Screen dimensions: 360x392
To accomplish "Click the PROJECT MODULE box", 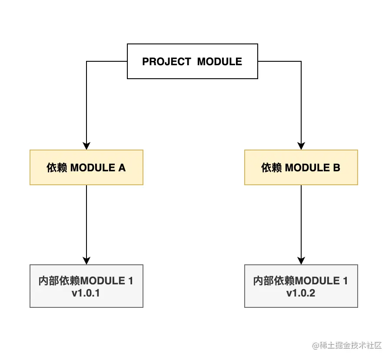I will (x=192, y=61).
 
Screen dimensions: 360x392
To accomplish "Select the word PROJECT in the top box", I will (x=166, y=62).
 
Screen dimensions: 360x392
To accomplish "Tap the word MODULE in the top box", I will (x=219, y=62).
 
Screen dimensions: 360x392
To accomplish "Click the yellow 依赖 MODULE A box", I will (x=86, y=167).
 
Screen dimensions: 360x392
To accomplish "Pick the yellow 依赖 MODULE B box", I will (x=301, y=167).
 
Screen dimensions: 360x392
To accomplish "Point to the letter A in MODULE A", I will (x=122, y=168).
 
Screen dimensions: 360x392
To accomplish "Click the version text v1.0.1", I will (x=86, y=293).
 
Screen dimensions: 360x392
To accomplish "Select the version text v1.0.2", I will (x=301, y=293).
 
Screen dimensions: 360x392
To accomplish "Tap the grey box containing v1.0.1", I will (x=86, y=286).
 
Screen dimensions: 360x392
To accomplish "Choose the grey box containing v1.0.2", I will (x=301, y=286).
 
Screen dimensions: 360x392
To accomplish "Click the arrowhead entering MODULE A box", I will (x=86, y=146).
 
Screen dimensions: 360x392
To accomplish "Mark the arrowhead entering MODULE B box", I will (x=301, y=146).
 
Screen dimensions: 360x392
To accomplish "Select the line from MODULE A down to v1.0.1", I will (x=86, y=222).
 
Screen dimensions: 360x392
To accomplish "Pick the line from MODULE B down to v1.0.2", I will (x=301, y=222).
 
